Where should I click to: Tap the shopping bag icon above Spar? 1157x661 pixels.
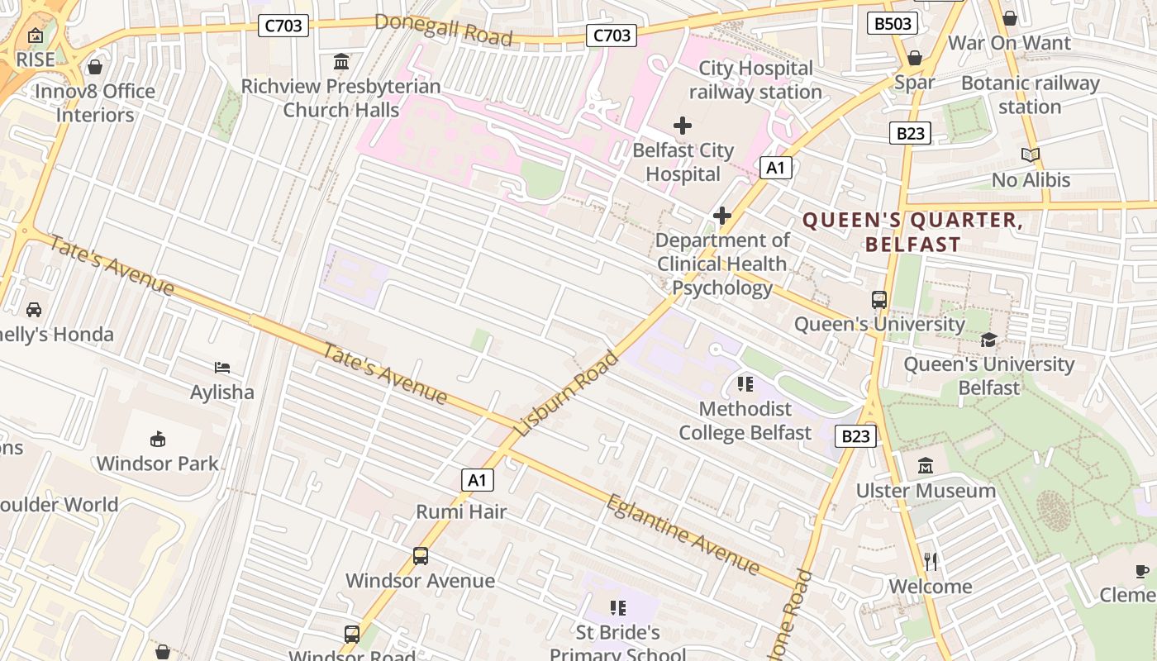(x=915, y=58)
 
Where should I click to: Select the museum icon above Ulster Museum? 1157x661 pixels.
(x=926, y=466)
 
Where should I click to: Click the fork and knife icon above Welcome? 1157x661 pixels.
(x=931, y=562)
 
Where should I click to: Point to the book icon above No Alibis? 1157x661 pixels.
(x=1031, y=155)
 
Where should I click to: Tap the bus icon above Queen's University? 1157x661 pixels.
(x=879, y=300)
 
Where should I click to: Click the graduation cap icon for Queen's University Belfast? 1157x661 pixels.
(x=988, y=340)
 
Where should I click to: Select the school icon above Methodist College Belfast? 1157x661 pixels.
(x=745, y=384)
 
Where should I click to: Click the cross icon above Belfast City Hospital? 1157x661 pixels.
(x=683, y=126)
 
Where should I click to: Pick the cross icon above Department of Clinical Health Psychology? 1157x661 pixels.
(x=722, y=216)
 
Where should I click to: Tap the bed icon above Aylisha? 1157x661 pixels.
(x=221, y=368)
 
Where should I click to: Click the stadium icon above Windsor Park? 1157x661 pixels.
(x=157, y=439)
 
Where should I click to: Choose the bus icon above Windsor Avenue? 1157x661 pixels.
(x=421, y=556)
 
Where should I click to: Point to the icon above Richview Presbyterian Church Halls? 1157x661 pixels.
(x=340, y=62)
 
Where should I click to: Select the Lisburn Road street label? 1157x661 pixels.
(x=567, y=394)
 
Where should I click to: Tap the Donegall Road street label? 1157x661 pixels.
(x=443, y=30)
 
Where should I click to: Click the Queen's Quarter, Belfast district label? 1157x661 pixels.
(x=913, y=232)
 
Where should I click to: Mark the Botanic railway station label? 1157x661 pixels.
(x=1030, y=95)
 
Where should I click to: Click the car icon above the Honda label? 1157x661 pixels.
(x=34, y=310)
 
